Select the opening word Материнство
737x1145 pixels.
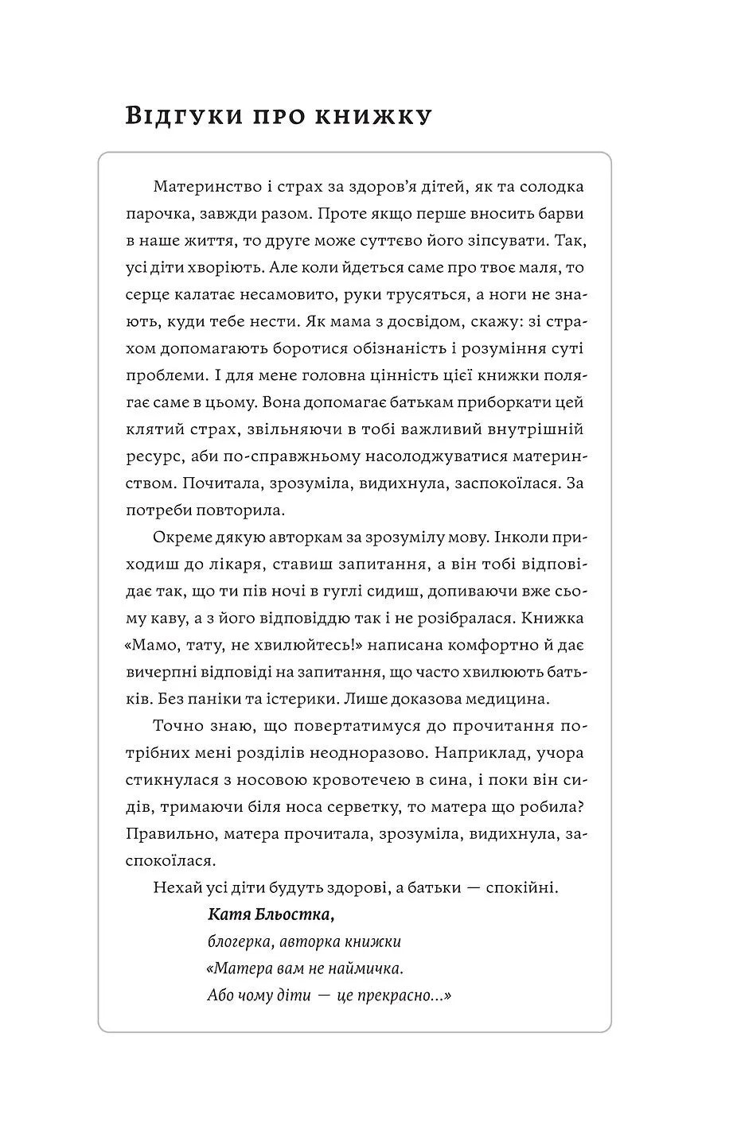tap(203, 187)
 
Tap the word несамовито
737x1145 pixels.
tap(291, 295)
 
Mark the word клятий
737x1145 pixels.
tap(154, 429)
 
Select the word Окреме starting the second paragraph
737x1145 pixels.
tap(182, 537)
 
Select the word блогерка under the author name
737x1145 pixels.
tap(240, 941)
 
